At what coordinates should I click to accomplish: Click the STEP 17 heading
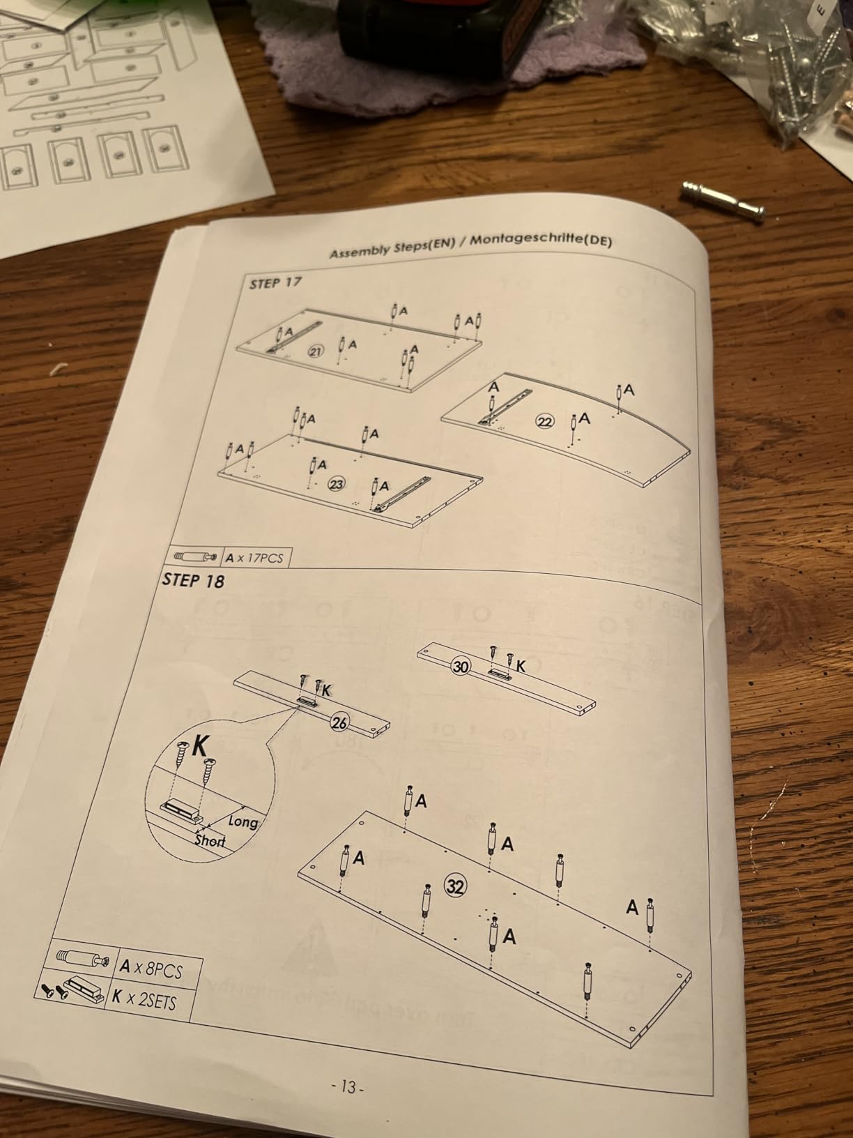pyautogui.click(x=275, y=284)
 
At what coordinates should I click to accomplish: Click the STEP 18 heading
pyautogui.click(x=193, y=580)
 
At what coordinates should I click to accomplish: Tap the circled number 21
pyautogui.click(x=316, y=352)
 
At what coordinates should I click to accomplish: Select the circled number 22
pyautogui.click(x=544, y=422)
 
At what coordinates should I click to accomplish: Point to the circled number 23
pyautogui.click(x=336, y=484)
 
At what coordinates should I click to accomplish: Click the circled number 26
pyautogui.click(x=339, y=722)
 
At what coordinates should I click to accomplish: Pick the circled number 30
pyautogui.click(x=461, y=666)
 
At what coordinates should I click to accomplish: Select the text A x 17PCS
pyautogui.click(x=255, y=558)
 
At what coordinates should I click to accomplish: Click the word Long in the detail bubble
pyautogui.click(x=243, y=821)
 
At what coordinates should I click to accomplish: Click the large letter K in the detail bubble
pyautogui.click(x=201, y=747)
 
